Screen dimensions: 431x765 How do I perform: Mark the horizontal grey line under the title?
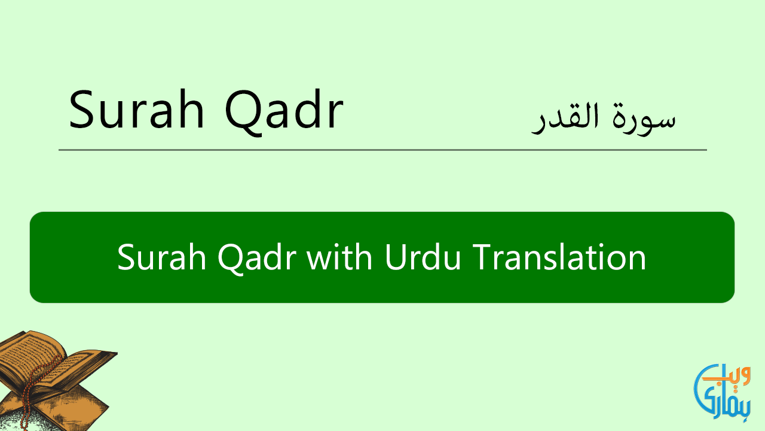pyautogui.click(x=382, y=150)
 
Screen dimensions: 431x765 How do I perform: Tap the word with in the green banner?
pyautogui.click(x=339, y=257)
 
